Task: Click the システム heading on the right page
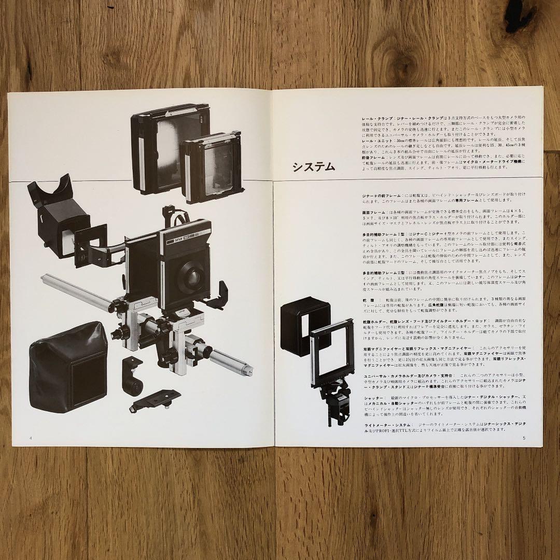pyautogui.click(x=313, y=167)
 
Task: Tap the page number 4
pyautogui.click(x=32, y=438)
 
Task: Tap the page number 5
pyautogui.click(x=524, y=438)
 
